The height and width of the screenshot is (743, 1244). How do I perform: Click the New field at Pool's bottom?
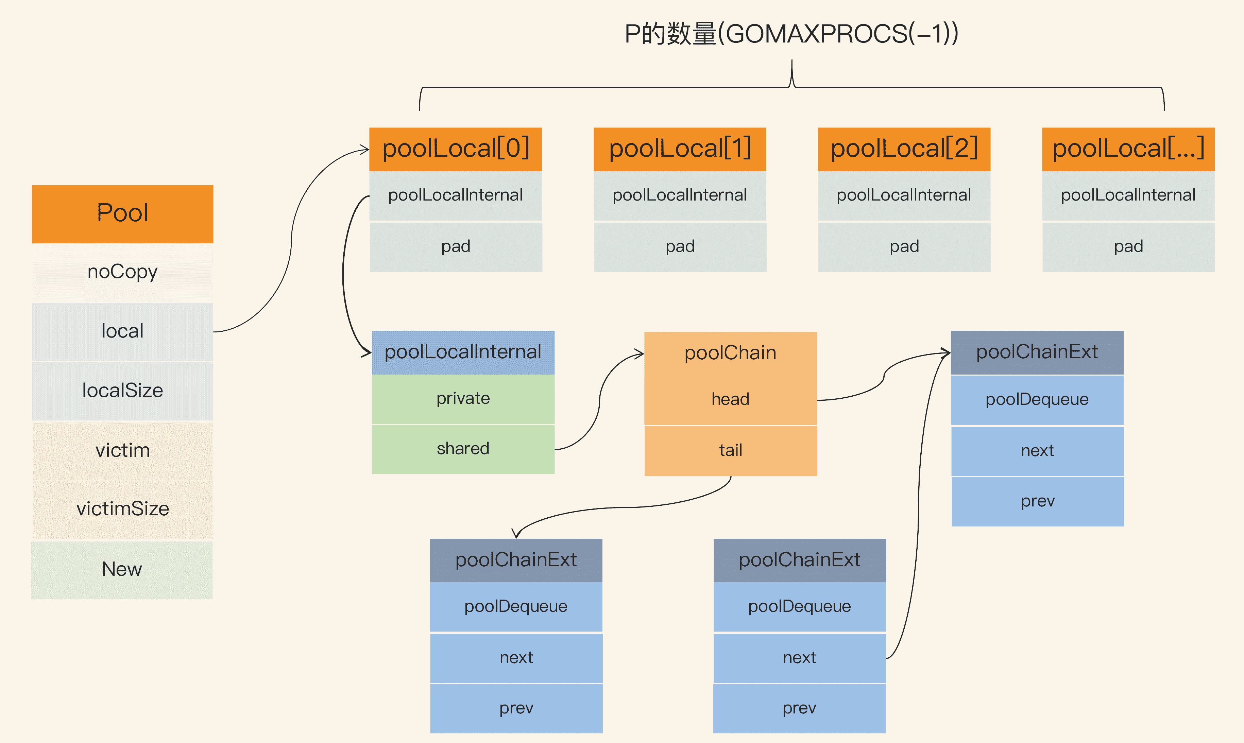click(122, 569)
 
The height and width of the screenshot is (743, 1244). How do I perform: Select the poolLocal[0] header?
click(455, 149)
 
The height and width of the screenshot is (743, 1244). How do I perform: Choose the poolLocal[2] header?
click(904, 149)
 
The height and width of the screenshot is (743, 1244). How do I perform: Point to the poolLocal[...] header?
click(1128, 149)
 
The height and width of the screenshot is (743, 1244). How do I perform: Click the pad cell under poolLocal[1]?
click(680, 246)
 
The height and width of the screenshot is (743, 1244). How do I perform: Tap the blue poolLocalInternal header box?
click(463, 352)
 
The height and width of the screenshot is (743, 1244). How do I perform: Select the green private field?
click(463, 399)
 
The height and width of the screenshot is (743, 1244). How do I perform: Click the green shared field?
click(463, 449)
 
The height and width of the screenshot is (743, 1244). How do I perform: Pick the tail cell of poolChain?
click(730, 450)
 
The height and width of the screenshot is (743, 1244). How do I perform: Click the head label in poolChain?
click(730, 399)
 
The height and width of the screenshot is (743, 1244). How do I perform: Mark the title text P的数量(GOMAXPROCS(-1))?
click(791, 34)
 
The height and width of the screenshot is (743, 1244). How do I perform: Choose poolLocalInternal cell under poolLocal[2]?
click(904, 195)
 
